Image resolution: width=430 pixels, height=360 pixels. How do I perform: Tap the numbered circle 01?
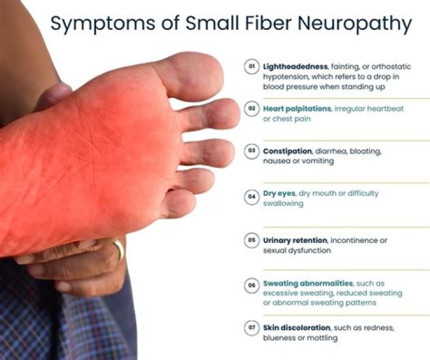tap(252, 67)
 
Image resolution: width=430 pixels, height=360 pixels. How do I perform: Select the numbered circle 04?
tap(252, 196)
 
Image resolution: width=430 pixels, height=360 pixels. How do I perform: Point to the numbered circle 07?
tap(252, 328)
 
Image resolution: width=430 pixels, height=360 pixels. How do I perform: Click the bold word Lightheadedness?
tap(290, 67)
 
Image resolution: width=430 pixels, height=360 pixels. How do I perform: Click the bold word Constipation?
tap(287, 151)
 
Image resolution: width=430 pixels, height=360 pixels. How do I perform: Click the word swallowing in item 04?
tap(284, 204)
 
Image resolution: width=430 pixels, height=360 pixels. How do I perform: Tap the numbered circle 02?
tap(252, 109)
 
